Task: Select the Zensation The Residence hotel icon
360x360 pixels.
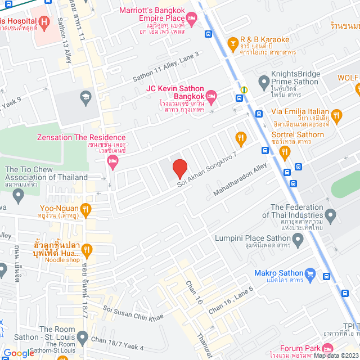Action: tap(112, 162)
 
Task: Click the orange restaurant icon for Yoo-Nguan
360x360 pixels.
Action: tap(85, 210)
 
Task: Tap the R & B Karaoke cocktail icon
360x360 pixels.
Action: tap(232, 43)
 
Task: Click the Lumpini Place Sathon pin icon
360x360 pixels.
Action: tap(298, 241)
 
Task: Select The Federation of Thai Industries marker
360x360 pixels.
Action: tap(330, 214)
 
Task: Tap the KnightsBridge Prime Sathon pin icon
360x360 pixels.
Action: tap(263, 83)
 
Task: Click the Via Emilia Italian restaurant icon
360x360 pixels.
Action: tap(336, 117)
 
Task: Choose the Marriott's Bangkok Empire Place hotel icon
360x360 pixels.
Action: tap(191, 21)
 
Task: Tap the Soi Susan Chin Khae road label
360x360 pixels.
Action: tap(133, 313)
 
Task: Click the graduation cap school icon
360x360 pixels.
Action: tap(85, 96)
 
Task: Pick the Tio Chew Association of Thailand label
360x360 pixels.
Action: tap(46, 173)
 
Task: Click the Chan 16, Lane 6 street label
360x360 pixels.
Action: tap(231, 300)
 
